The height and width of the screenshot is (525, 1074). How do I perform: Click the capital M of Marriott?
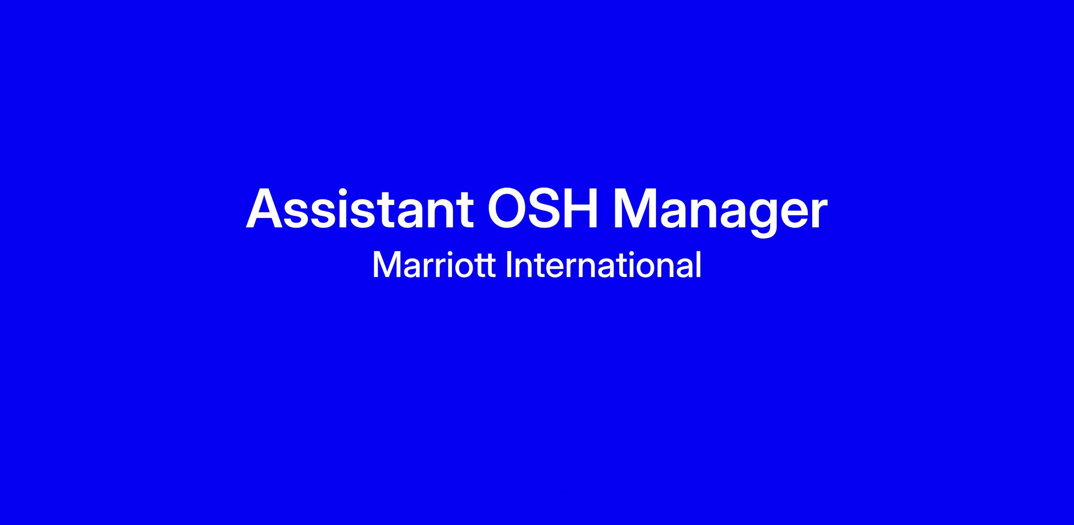click(x=385, y=265)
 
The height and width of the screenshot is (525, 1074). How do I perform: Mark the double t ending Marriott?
click(x=486, y=266)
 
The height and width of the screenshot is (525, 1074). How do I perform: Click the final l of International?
click(x=699, y=265)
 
